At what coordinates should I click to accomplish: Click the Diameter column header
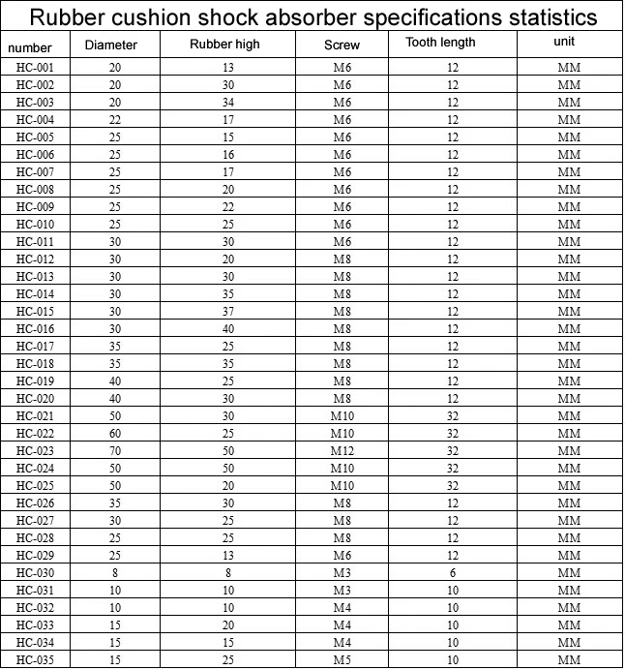click(110, 46)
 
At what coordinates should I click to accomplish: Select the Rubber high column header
click(224, 45)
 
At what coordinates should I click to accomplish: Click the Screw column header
click(341, 46)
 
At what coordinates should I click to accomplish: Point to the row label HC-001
click(35, 68)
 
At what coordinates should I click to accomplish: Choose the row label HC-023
click(35, 451)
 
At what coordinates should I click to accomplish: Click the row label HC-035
click(35, 660)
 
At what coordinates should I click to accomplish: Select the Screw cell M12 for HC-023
click(342, 451)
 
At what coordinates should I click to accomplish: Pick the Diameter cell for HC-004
click(115, 120)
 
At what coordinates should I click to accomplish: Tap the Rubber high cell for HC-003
click(228, 103)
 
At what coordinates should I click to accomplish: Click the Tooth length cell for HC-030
click(452, 573)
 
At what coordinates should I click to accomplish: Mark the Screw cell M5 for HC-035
click(342, 660)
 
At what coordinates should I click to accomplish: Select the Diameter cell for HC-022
click(115, 434)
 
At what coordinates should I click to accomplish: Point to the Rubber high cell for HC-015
click(228, 312)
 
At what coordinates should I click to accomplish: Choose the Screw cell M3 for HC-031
click(342, 591)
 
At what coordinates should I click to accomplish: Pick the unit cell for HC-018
click(569, 364)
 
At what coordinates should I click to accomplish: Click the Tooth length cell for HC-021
click(452, 416)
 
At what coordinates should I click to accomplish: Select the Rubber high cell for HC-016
click(228, 329)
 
